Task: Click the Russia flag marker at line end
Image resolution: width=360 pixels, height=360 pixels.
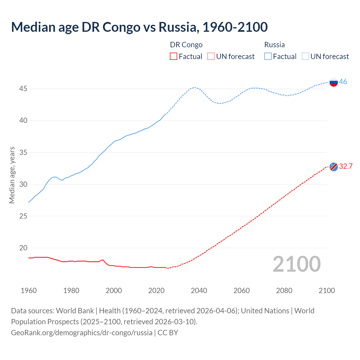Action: (x=334, y=82)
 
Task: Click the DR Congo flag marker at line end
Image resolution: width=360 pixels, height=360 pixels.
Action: (x=334, y=167)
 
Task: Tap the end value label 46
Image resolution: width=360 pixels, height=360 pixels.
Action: (x=343, y=82)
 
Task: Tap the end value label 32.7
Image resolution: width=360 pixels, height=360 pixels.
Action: (x=346, y=166)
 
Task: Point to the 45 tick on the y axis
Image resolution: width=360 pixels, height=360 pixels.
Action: (x=23, y=89)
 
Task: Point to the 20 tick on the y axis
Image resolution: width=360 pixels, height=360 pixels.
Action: (x=23, y=248)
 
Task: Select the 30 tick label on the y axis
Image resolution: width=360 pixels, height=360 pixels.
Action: (x=23, y=184)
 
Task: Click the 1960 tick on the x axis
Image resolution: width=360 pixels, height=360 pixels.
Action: (x=29, y=291)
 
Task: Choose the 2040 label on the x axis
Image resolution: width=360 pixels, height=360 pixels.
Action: (x=199, y=291)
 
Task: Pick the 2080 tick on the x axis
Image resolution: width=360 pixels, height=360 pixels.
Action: (x=284, y=291)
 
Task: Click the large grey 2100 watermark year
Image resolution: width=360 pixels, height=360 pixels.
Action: (x=297, y=264)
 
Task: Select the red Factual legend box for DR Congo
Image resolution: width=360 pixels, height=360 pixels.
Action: (x=174, y=57)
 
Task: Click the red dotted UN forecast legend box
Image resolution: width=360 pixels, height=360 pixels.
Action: (x=211, y=57)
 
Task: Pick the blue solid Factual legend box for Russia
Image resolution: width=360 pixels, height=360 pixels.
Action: (x=268, y=57)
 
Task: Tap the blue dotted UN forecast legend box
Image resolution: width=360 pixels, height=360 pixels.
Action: (x=305, y=57)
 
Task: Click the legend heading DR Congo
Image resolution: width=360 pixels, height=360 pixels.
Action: (x=186, y=45)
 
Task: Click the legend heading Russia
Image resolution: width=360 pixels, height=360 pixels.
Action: (x=274, y=45)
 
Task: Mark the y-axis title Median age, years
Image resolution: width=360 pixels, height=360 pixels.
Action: (x=12, y=175)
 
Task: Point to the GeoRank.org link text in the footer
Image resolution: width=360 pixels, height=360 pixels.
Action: (x=82, y=333)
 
